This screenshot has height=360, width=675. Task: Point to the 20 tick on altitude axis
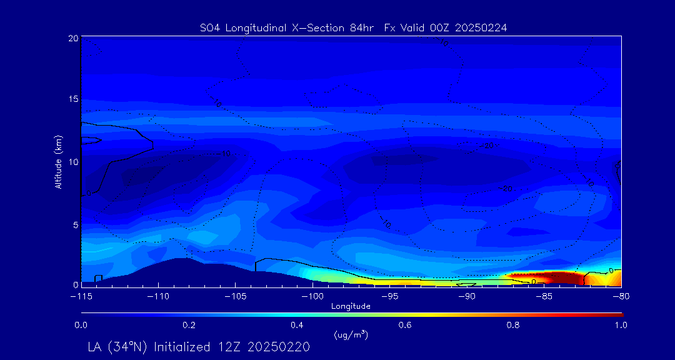72,38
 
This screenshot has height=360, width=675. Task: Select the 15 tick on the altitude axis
72,99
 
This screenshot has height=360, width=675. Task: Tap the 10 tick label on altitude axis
72,161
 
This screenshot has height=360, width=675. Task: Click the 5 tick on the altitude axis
74,223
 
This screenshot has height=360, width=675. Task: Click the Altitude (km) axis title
58,161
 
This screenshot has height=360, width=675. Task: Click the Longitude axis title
351,306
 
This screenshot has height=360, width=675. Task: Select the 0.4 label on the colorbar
297,325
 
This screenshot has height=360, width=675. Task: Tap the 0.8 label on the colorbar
514,325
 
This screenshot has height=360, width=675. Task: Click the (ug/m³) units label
351,335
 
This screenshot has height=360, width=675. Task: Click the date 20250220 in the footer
279,347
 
